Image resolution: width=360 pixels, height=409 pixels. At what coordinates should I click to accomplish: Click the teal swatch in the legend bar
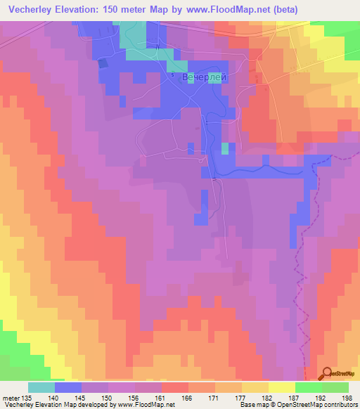(41, 387)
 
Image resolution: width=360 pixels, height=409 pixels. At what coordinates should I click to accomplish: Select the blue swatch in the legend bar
(68, 387)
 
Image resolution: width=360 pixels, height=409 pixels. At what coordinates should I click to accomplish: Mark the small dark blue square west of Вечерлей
(103, 63)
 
